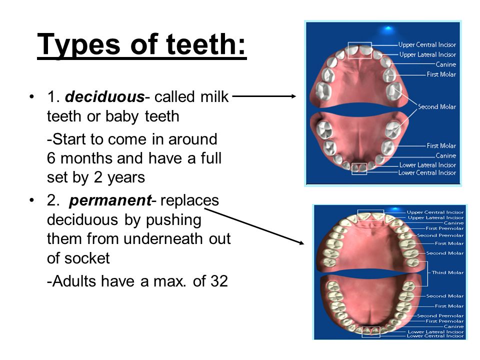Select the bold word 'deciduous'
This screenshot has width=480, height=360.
tap(104, 96)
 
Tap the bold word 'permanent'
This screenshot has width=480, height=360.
tap(110, 201)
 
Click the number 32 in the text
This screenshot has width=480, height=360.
tap(219, 281)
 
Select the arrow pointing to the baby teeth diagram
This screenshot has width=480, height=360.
tap(264, 96)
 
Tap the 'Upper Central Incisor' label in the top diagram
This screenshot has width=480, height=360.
tap(427, 44)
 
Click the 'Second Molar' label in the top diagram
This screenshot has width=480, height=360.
tap(437, 107)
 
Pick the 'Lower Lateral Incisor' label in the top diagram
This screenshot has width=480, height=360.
tap(427, 165)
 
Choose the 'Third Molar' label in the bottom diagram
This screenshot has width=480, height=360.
tap(447, 272)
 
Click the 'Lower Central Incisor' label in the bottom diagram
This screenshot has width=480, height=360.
tap(435, 336)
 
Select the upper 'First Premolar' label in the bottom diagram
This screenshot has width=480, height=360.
tap(444, 228)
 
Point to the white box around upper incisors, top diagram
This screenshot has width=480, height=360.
tap(360, 43)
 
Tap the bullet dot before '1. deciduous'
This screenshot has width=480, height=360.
tap(31, 97)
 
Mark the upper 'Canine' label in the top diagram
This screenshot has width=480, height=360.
tap(446, 64)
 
